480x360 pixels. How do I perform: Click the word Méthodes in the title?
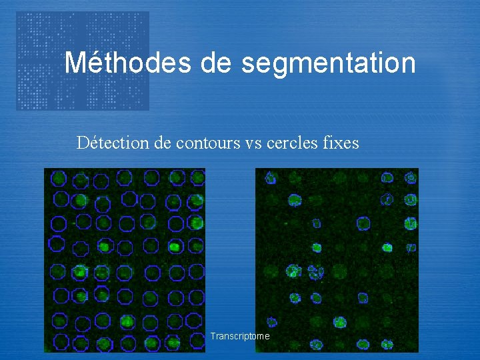127,63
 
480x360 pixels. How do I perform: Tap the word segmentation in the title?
329,64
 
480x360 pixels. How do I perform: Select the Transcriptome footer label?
240,336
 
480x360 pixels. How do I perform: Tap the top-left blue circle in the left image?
59,178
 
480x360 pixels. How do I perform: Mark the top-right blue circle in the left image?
197,177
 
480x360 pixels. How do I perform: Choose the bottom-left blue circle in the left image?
60,342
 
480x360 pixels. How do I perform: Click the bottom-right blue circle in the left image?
196,341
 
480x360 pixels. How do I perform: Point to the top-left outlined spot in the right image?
271,178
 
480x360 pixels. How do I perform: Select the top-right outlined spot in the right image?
411,178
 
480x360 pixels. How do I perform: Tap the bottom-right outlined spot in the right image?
387,345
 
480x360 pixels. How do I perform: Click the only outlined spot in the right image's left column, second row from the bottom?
271,323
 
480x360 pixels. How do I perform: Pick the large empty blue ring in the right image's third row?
363,224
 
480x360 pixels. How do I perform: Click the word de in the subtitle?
164,143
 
